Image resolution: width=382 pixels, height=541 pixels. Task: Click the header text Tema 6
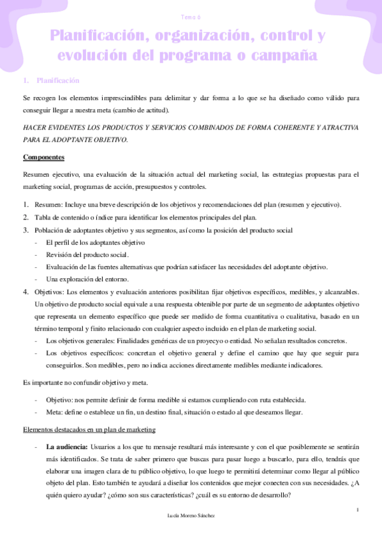point(191,19)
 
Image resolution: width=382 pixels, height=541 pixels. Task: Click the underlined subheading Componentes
point(43,157)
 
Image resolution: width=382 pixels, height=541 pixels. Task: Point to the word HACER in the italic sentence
point(35,128)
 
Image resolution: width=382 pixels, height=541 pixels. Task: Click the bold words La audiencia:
point(67,447)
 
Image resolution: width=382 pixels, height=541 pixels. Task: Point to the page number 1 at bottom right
point(358,509)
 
